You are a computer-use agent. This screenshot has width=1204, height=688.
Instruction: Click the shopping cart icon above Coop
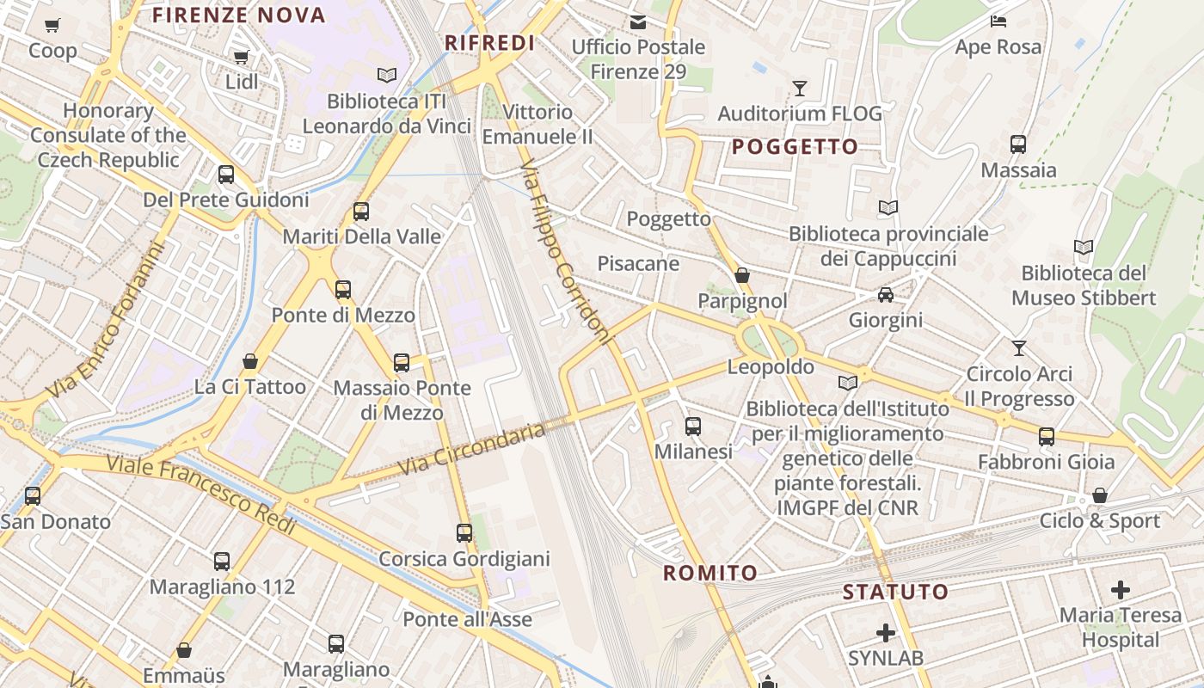pos(52,25)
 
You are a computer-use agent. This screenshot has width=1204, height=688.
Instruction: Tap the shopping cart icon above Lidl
pos(241,57)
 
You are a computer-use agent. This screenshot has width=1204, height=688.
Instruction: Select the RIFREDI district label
pos(489,43)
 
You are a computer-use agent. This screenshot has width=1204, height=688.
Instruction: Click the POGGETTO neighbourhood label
pos(795,146)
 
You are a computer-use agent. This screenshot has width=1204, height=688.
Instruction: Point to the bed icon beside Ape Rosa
pos(998,21)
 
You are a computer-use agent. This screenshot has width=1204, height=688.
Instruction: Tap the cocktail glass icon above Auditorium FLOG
pos(800,88)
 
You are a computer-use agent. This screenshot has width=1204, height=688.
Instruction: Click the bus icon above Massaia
pos(1018,144)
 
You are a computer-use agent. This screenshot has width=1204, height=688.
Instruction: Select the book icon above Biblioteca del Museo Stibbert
pos(1084,248)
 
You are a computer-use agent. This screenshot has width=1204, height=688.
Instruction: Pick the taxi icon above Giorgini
pos(885,295)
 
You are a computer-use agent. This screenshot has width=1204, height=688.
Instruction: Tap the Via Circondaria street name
pos(472,449)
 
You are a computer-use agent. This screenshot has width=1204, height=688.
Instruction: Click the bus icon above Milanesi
pos(693,426)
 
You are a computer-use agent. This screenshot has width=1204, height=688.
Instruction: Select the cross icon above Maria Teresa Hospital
pos(1120,590)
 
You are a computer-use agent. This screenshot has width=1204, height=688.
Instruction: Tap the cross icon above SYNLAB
pos(885,634)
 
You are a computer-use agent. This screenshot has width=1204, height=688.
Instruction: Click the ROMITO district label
pos(710,573)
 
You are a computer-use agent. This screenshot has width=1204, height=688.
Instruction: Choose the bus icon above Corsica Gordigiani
pos(464,532)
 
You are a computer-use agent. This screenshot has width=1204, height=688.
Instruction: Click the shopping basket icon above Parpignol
pos(742,275)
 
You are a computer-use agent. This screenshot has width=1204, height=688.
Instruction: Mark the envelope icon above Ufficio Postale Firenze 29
pos(638,21)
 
